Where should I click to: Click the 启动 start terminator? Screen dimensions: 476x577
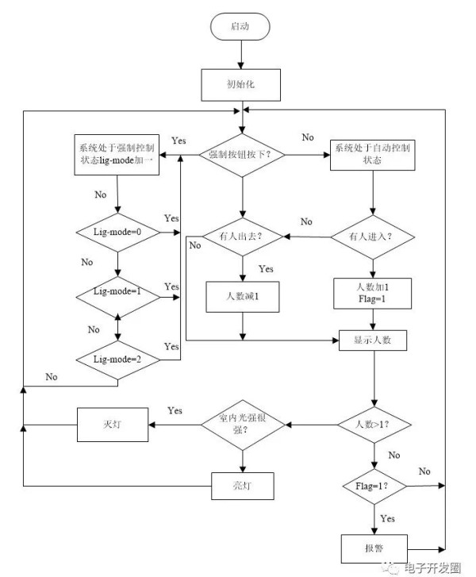240,26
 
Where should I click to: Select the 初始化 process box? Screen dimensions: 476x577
240,85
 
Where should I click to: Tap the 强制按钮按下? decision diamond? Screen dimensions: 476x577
242,155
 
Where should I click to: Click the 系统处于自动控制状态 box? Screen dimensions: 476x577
372,155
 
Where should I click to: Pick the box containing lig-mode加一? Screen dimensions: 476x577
117,155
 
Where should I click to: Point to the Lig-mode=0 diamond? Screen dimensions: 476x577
117,233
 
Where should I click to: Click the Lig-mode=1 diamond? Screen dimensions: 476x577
117,297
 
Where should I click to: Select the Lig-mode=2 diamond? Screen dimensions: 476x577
117,360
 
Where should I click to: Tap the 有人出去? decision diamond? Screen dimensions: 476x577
243,237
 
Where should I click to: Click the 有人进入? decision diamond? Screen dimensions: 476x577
373,237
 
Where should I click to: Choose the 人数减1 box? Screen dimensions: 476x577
243,297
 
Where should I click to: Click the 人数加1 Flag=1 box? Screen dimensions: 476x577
372,294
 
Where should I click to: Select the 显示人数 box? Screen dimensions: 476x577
373,340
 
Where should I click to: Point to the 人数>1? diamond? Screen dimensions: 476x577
374,425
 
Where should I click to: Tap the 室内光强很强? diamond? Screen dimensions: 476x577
243,425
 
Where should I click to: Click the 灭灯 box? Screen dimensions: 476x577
113,425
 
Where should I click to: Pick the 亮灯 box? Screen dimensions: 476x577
243,486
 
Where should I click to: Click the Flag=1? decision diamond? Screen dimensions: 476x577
374,486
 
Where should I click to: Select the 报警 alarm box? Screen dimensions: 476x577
374,548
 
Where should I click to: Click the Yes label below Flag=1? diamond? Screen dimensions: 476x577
388,518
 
